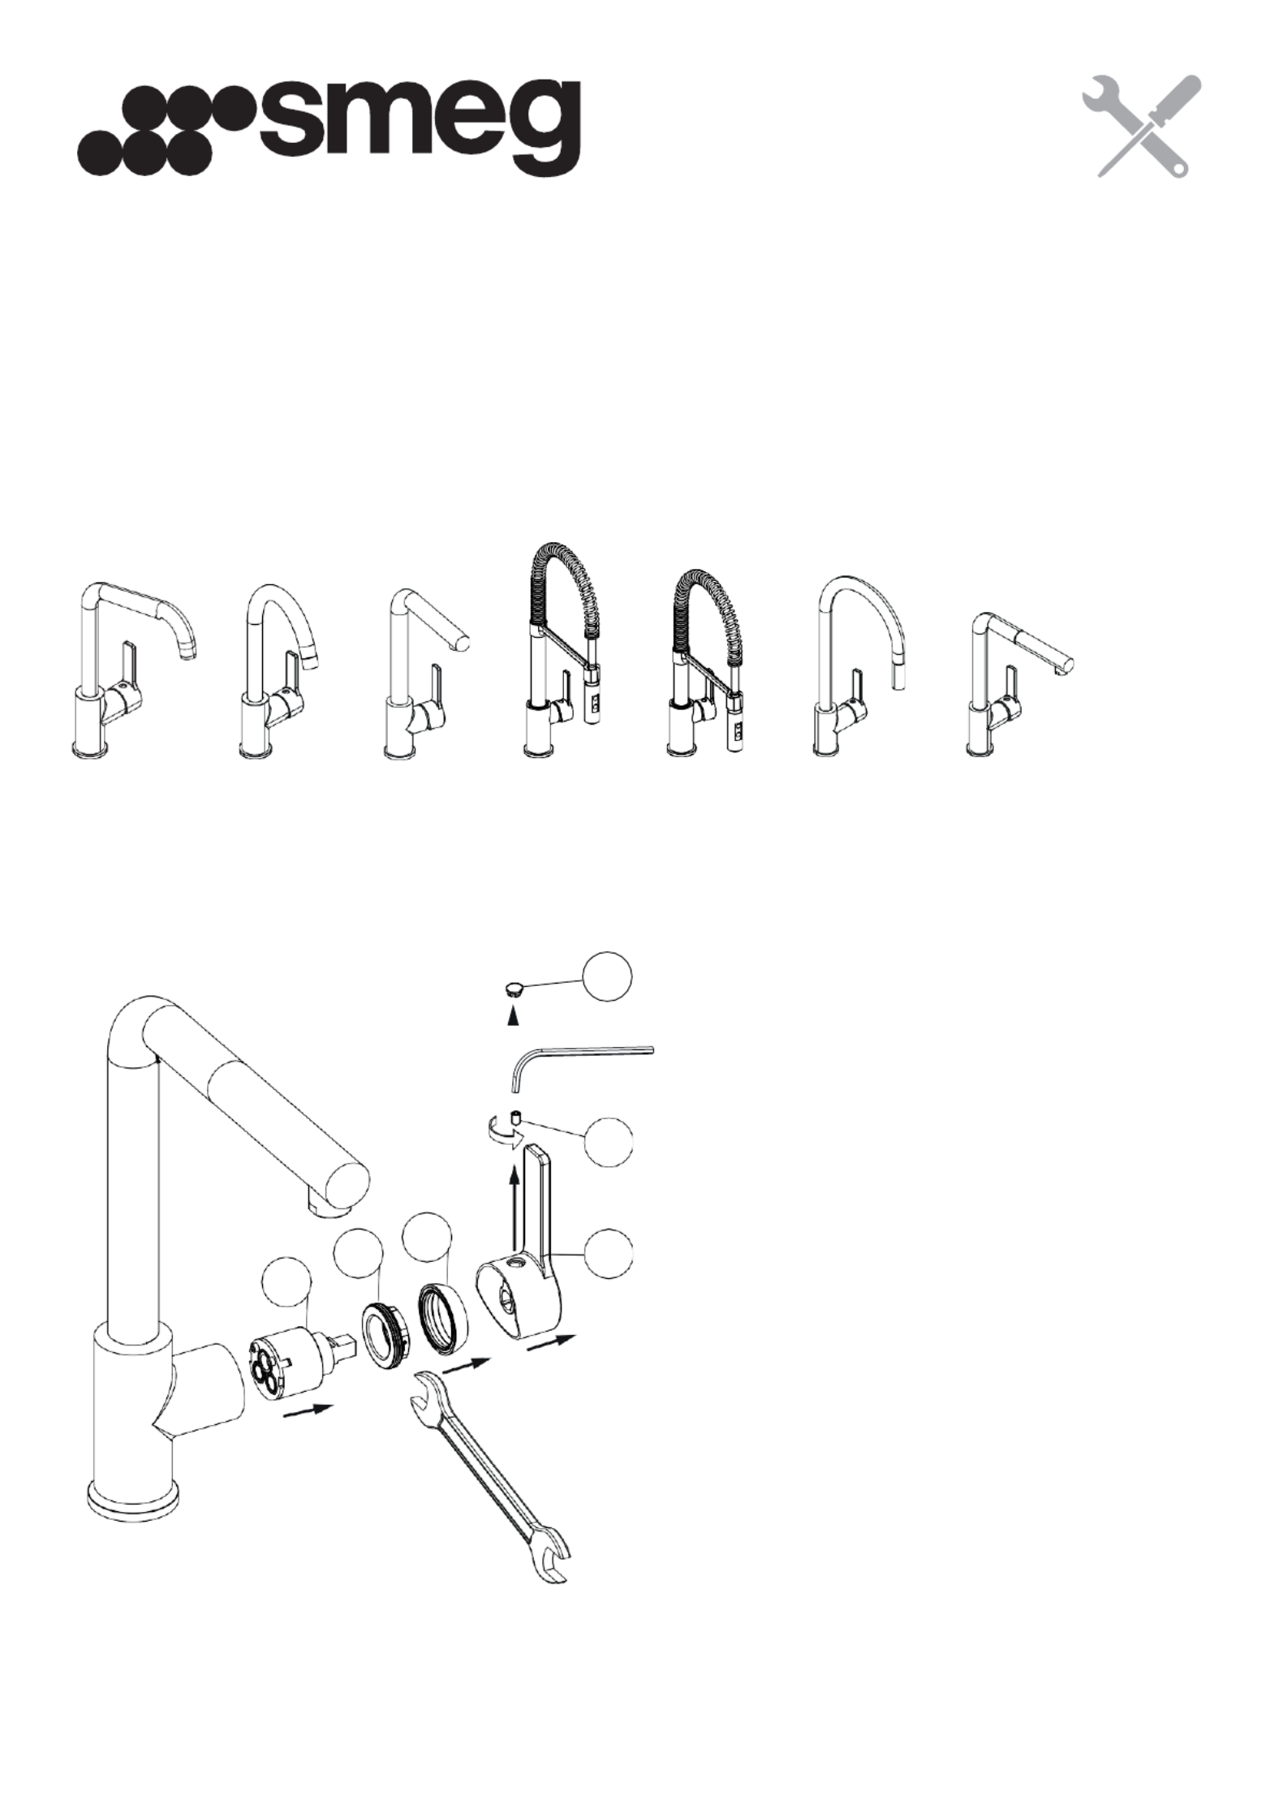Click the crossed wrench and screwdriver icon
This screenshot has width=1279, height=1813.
point(1142,127)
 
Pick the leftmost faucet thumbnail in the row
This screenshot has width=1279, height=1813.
point(134,670)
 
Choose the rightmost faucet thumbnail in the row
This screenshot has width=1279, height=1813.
point(1021,686)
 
